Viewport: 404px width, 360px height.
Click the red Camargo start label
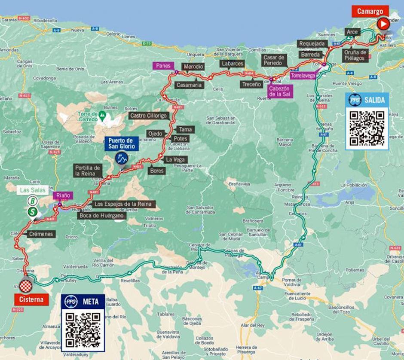pos(370,11)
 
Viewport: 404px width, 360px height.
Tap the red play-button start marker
pos(383,24)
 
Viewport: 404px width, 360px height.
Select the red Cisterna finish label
pos(31,299)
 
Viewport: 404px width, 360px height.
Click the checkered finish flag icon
pos(25,284)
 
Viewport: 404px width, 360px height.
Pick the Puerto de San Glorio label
pos(122,143)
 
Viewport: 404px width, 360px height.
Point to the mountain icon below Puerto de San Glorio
pos(122,159)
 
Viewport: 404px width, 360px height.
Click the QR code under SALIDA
pos(367,128)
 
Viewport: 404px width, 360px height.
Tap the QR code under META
pos(83,329)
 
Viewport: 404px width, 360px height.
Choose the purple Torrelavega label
pos(303,75)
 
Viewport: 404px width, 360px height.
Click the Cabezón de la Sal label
pos(280,91)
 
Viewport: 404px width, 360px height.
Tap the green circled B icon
pos(33,201)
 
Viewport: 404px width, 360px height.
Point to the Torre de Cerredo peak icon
pos(102,115)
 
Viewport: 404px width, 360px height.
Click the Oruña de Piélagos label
pos(355,55)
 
